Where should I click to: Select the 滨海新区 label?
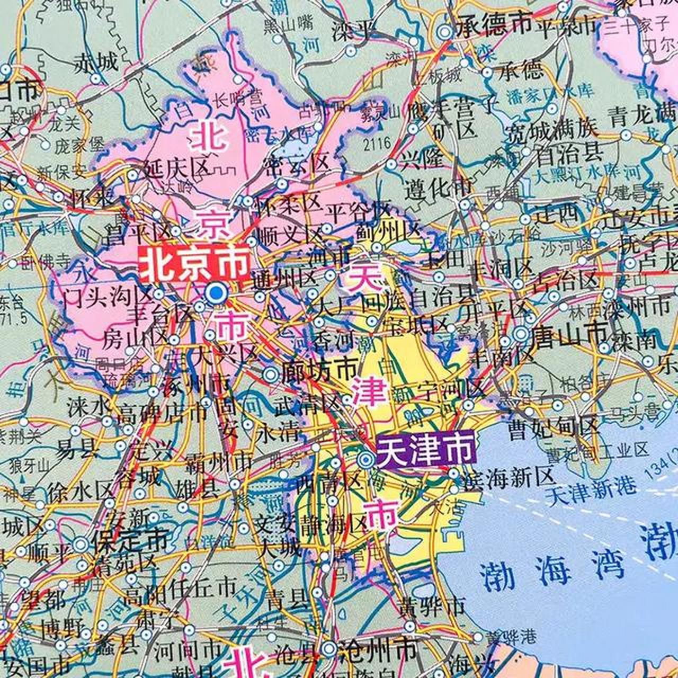pyautogui.click(x=507, y=478)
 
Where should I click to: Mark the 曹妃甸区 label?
pyautogui.click(x=552, y=427)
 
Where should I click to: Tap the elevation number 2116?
pyautogui.click(x=377, y=142)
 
